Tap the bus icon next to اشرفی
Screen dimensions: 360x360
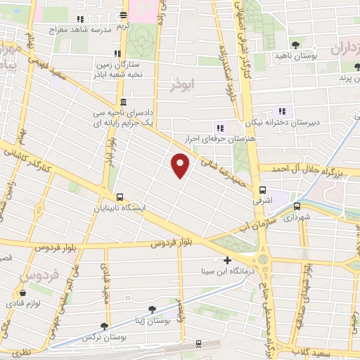tap(263, 189)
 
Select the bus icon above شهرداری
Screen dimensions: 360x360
tap(297, 206)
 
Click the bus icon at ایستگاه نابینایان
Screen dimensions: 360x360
tap(120, 198)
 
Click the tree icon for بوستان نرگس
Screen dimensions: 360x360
tap(104, 326)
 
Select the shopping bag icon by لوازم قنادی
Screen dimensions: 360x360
tap(23, 293)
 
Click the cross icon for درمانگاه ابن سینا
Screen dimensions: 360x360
tap(226, 260)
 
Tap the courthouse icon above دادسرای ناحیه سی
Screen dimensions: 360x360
tap(123, 101)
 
